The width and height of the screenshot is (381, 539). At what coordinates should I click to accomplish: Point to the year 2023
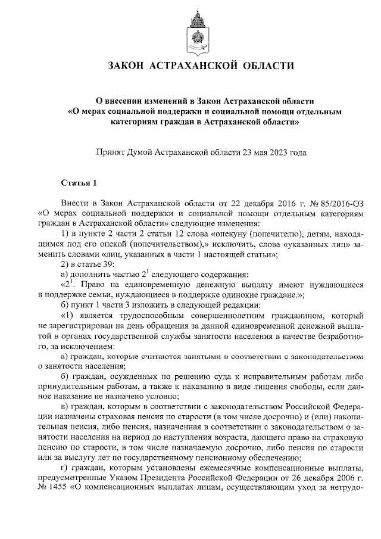(x=277, y=152)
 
